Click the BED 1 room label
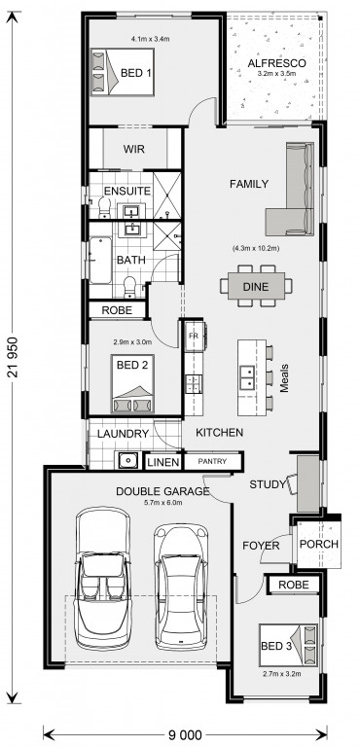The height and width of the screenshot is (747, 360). coord(136,73)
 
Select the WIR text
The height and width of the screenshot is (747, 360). coord(134,149)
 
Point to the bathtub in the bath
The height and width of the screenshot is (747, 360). coord(100,261)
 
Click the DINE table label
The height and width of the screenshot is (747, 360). coord(256,287)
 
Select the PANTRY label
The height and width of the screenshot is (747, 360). coord(212,461)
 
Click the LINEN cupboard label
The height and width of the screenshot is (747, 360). coord(163,462)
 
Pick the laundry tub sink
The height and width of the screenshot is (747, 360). coord(126,461)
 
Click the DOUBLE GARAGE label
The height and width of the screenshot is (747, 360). coord(162,491)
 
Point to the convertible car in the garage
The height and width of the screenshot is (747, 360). coord(102,579)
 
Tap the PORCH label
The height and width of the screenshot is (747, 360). coord(319,544)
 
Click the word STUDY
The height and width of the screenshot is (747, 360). coord(268,485)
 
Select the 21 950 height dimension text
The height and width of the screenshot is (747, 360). coord(13,357)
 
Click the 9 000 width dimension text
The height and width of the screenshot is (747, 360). coord(184,734)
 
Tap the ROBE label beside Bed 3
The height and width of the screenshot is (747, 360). coord(293,585)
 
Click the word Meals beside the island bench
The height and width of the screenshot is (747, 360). coord(285,378)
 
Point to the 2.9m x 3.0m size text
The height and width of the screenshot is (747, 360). coord(132,341)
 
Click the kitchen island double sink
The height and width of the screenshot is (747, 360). coord(247,377)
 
